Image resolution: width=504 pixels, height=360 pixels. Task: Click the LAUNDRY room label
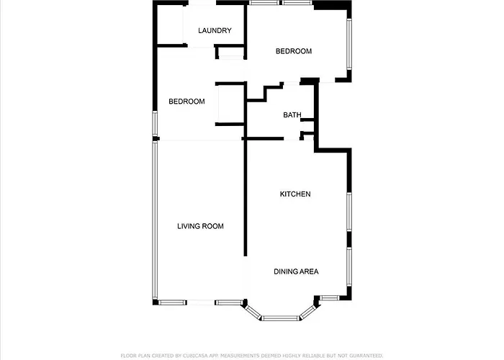pos(215,30)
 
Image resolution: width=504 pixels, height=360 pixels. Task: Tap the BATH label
pos(292,114)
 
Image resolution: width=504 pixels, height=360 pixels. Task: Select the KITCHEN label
pos(295,194)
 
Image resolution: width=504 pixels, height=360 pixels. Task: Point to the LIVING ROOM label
pos(200,226)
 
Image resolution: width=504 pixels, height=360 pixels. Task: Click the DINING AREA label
pos(296,271)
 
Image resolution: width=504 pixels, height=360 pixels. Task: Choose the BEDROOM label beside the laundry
pos(294,51)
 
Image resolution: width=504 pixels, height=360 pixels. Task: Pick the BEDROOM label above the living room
pos(186,102)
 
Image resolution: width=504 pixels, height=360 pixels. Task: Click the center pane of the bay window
pos(280,318)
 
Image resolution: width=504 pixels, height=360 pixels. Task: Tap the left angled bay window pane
pos(253,312)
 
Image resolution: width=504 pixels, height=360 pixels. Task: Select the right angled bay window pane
pos(307,312)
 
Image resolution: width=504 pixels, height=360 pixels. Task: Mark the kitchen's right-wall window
pos(349,212)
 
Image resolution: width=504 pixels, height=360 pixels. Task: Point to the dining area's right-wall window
pos(349,266)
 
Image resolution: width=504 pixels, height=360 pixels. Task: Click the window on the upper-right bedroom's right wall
pos(349,44)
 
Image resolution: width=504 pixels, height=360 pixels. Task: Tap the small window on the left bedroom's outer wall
pos(155,124)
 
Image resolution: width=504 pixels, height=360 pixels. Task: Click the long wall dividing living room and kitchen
pos(246,197)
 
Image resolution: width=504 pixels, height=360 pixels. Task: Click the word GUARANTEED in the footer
pos(366,356)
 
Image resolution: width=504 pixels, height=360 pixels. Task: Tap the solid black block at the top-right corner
pos(333,5)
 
